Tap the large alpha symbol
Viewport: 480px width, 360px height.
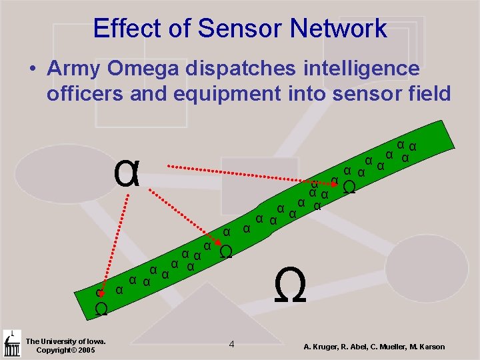pos(127,174)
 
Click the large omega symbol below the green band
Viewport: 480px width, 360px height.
pos(290,286)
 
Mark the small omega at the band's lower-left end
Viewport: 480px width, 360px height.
pos(101,309)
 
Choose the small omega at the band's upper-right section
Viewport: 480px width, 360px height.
pos(348,188)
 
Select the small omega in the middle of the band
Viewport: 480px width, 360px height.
pos(226,252)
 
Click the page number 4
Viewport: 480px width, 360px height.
pos(231,344)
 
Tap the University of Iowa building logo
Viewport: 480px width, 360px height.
pos(11,343)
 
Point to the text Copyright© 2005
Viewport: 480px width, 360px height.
pos(65,350)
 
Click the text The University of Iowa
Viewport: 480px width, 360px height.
pos(65,341)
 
